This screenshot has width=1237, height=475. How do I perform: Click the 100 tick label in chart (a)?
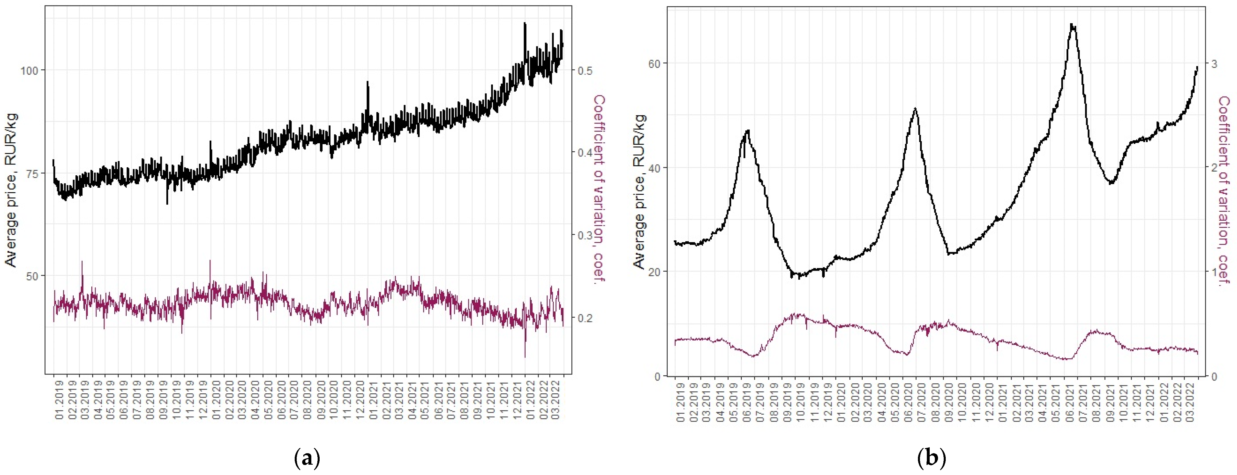tap(29, 70)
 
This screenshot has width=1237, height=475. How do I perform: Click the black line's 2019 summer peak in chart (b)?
tap(747, 131)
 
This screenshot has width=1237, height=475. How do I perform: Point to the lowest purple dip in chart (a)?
tap(525, 356)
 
